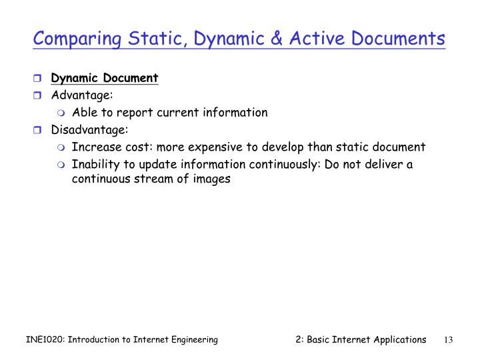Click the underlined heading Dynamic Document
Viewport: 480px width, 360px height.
tap(105, 78)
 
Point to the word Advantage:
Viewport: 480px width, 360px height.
tap(83, 95)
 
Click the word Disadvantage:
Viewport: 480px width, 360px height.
tap(89, 129)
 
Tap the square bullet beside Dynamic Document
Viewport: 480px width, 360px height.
tap(39, 79)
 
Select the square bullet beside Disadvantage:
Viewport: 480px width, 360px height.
tap(39, 130)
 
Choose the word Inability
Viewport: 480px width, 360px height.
tap(94, 164)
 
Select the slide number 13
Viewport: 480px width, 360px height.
tap(448, 340)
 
